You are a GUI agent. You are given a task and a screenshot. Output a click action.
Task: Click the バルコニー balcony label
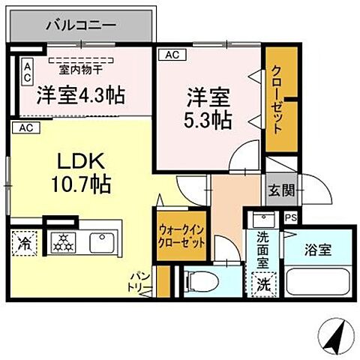tap(81, 24)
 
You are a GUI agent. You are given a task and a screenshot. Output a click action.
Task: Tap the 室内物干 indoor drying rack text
tap(81, 69)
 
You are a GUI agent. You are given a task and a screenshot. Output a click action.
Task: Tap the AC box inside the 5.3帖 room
tap(170, 54)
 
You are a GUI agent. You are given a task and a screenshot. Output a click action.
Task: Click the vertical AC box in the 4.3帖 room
tap(26, 73)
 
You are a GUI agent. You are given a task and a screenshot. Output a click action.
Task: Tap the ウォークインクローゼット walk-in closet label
tap(182, 237)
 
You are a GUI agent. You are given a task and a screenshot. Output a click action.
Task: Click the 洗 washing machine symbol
tap(263, 284)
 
